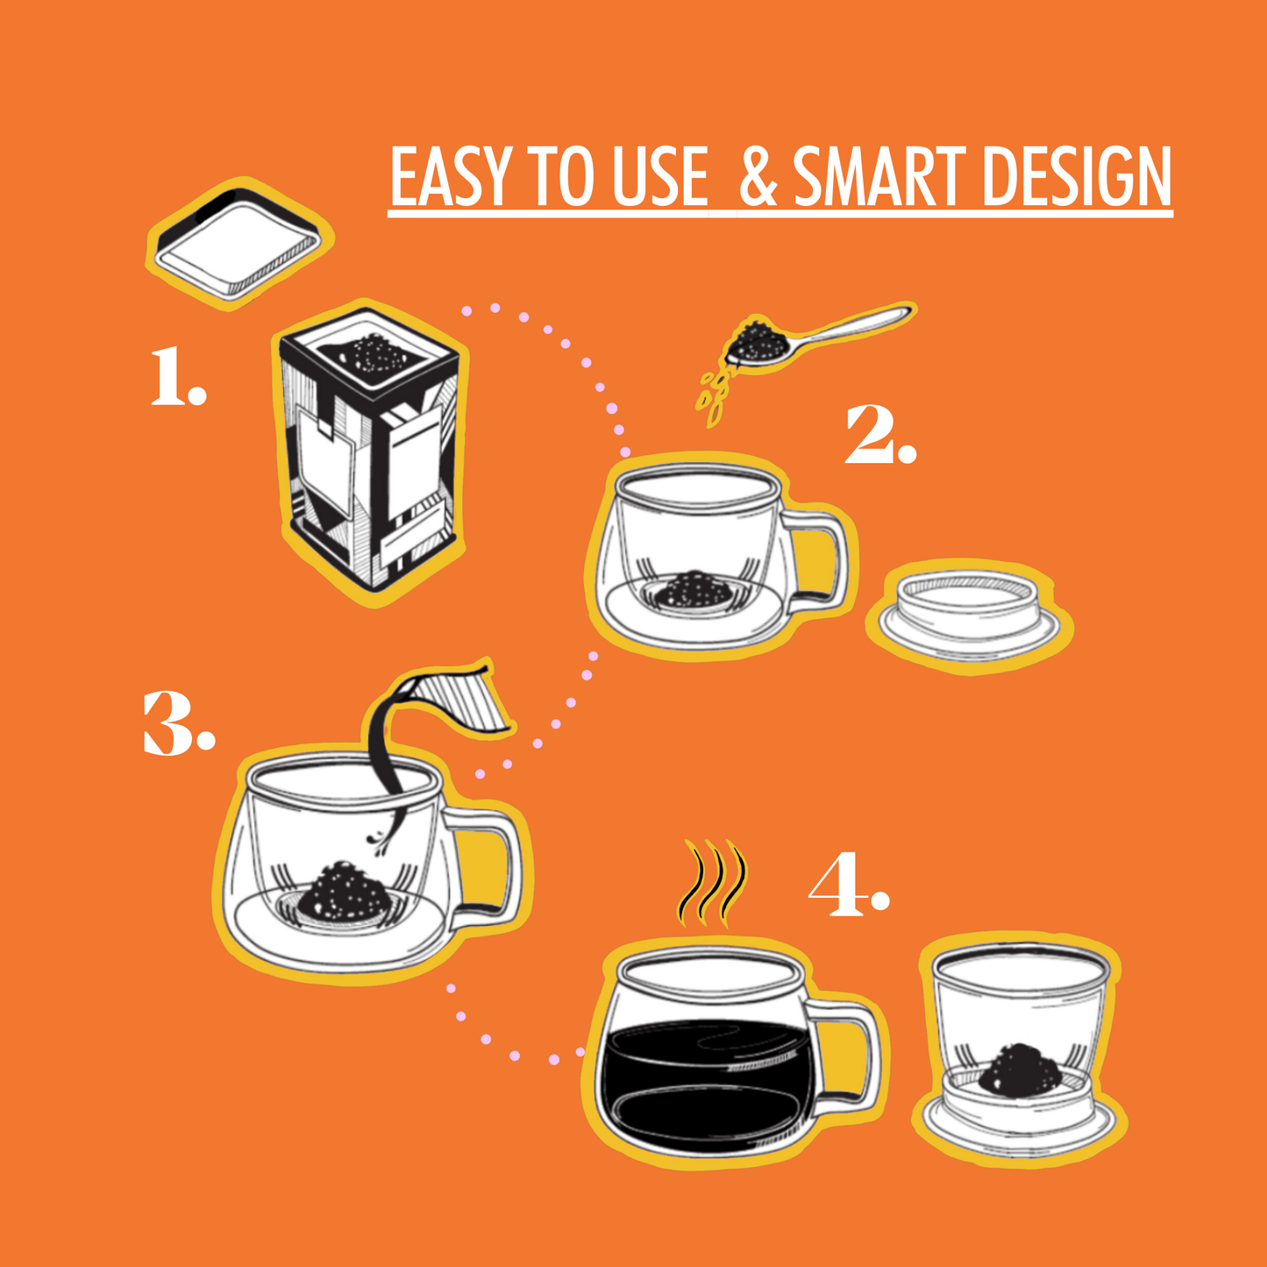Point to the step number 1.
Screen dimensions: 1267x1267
(x=177, y=377)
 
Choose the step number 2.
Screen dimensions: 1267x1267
(x=879, y=436)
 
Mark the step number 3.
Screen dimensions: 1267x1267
(x=178, y=723)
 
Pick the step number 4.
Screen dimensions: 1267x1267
(x=847, y=887)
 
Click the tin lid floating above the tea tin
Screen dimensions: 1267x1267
(x=238, y=241)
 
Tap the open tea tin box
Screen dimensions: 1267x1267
(x=372, y=456)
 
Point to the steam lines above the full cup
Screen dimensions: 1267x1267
(x=714, y=884)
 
